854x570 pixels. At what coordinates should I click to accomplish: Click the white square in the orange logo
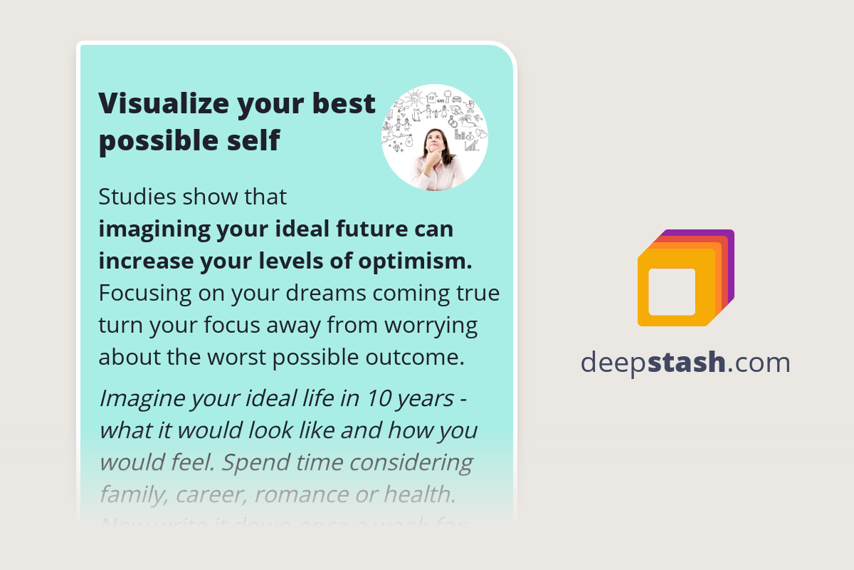(672, 291)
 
